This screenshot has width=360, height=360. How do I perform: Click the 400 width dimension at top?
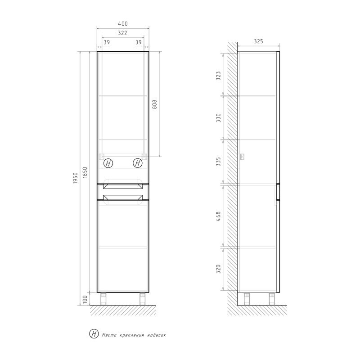click(123, 24)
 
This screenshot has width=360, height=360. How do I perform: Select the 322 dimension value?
click(123, 33)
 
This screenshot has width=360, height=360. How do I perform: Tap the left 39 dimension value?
click(107, 42)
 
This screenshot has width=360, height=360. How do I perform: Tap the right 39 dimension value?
click(139, 42)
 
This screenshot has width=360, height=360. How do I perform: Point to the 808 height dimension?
click(154, 105)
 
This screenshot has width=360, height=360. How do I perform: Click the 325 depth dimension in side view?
click(258, 41)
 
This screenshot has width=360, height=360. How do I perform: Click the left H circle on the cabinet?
click(108, 163)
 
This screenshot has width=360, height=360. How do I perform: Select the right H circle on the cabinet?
click(137, 163)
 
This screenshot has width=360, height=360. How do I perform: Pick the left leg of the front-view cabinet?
click(103, 298)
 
